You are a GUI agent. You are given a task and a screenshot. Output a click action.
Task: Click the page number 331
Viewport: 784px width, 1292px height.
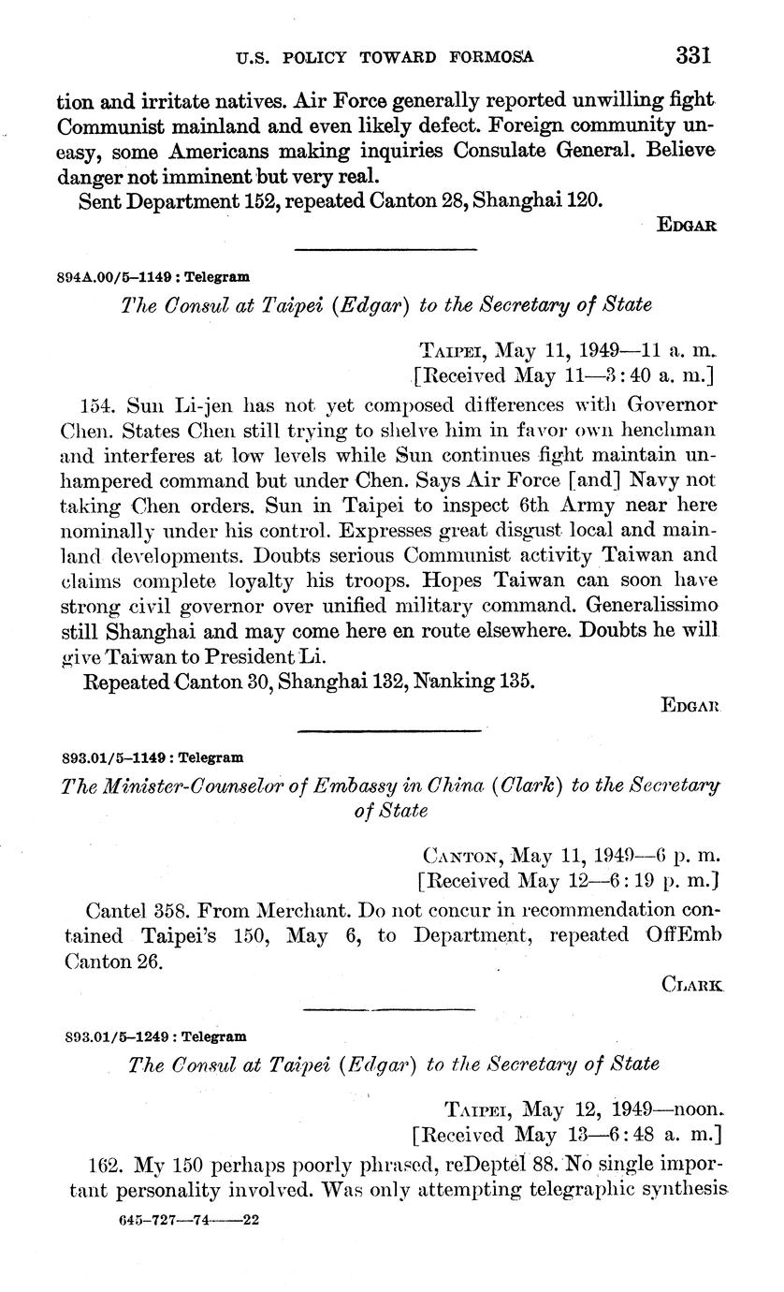[x=693, y=55]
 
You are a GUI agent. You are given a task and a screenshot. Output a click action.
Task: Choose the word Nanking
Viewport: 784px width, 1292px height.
[x=454, y=681]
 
